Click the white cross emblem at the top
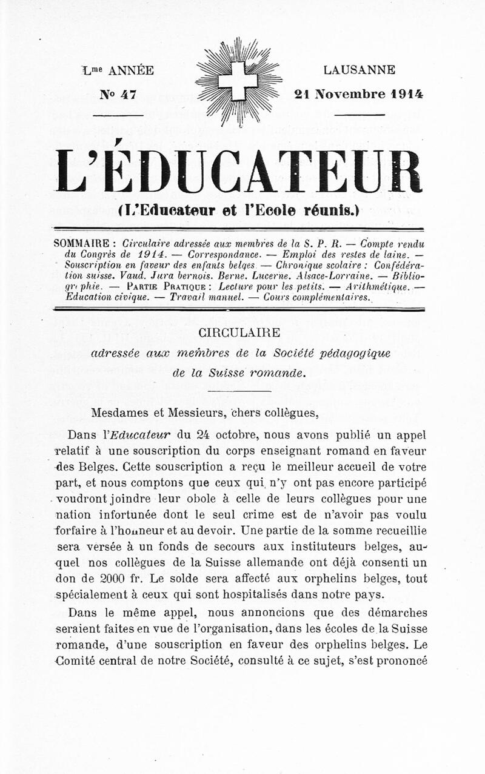click(238, 81)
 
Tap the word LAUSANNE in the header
click(359, 70)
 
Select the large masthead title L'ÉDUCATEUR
click(238, 171)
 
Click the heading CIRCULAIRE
click(239, 333)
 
